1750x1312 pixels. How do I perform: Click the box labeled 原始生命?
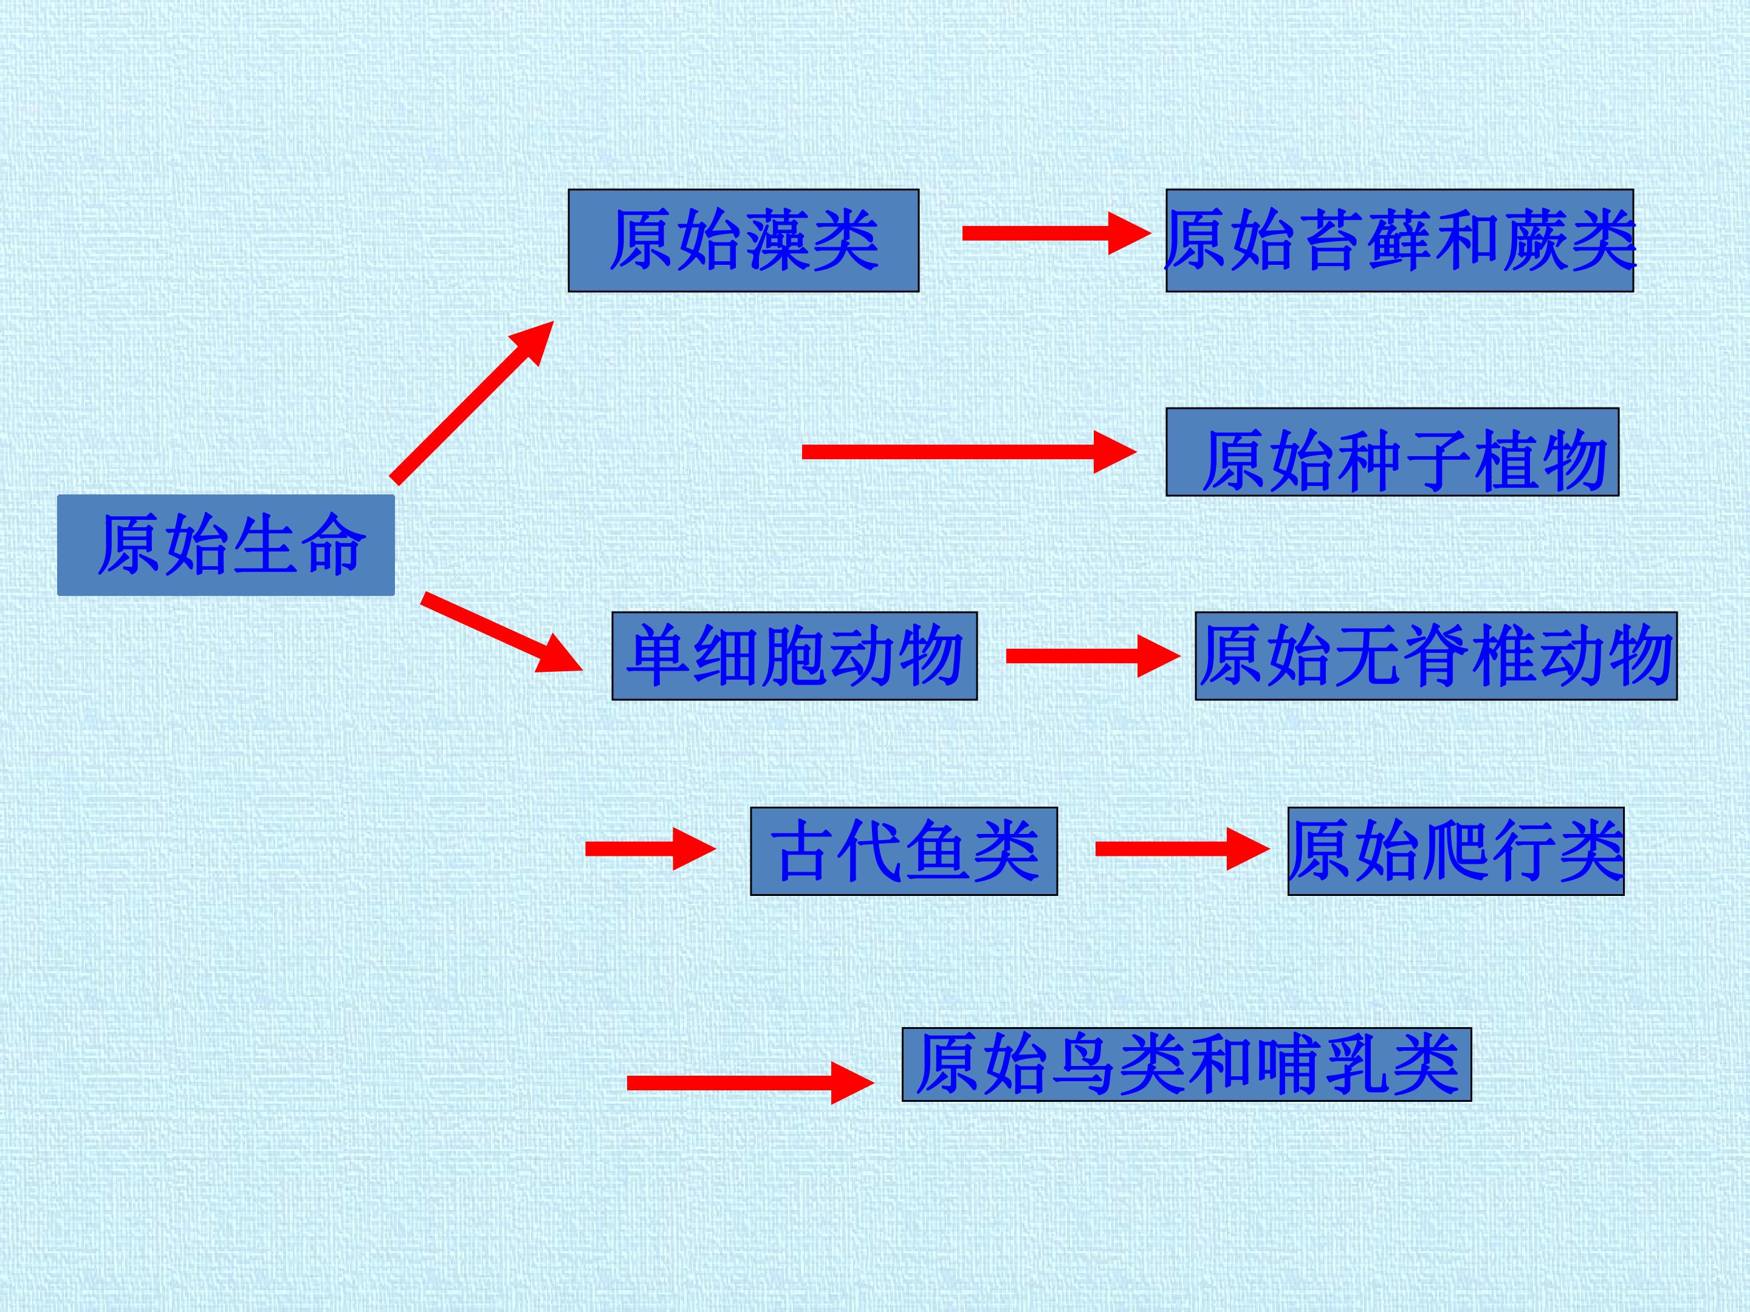[x=225, y=545]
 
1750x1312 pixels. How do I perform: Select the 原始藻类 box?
[x=744, y=241]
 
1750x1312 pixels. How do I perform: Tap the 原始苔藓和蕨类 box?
[x=1399, y=241]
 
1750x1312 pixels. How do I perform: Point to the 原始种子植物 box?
[x=1393, y=453]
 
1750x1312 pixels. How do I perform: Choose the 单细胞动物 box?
[x=794, y=655]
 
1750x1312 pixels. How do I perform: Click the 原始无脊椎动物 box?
[x=1436, y=655]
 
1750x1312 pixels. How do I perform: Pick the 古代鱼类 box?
[x=904, y=851]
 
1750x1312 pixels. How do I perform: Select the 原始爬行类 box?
[x=1456, y=851]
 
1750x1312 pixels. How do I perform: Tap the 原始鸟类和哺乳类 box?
[x=1187, y=1064]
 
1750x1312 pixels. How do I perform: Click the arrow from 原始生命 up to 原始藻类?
[x=472, y=401]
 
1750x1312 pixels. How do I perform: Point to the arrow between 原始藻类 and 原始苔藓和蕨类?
[x=1057, y=233]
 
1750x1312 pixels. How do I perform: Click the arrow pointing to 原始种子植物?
[x=969, y=451]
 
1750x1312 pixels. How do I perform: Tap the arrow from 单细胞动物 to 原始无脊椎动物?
[x=1093, y=655]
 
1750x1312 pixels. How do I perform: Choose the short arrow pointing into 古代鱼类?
[x=650, y=849]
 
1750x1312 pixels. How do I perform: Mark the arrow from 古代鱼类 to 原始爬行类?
[x=1182, y=849]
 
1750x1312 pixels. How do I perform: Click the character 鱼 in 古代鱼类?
[x=938, y=851]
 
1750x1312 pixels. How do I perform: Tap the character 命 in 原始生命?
[x=333, y=544]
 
